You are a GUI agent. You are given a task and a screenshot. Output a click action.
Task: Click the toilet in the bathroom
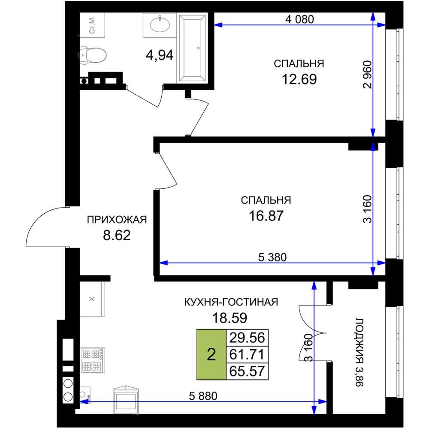[93, 55]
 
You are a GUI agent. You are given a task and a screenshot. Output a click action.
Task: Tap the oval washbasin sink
[160, 24]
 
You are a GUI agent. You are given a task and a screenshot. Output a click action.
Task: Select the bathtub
[192, 48]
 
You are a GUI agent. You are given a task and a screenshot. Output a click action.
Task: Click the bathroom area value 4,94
[160, 55]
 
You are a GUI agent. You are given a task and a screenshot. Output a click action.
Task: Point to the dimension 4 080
[299, 19]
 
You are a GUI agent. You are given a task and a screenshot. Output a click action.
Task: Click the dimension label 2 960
[368, 74]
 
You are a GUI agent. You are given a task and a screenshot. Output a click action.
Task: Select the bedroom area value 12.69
[299, 79]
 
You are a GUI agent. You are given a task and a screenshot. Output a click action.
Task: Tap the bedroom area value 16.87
[266, 216]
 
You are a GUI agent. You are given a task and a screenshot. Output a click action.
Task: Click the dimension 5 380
[272, 257]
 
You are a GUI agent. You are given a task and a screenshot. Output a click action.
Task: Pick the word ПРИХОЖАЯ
[117, 220]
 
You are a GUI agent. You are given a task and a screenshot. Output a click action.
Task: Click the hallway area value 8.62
[117, 235]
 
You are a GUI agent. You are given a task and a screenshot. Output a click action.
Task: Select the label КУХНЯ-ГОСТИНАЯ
[231, 302]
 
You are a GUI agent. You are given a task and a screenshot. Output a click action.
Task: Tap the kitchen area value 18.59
[230, 318]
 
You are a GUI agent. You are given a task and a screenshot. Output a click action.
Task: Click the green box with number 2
[211, 355]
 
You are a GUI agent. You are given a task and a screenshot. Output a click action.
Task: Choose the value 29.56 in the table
[247, 338]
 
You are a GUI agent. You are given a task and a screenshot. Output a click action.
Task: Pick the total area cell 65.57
[247, 371]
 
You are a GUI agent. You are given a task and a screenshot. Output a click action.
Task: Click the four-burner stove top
[93, 360]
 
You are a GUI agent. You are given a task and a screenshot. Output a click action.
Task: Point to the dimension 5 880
[203, 396]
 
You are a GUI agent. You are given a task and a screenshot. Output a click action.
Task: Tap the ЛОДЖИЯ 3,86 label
[359, 352]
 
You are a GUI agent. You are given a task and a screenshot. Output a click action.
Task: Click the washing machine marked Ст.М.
[92, 25]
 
